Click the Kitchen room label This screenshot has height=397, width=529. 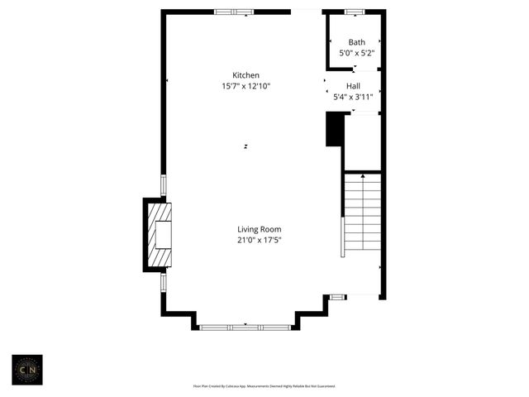point(245,75)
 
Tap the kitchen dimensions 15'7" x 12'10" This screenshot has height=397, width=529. point(245,86)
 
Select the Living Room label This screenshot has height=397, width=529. point(260,229)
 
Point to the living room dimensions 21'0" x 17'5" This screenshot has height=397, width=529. point(260,240)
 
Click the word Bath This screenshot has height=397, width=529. point(356,42)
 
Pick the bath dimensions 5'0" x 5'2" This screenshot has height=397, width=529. point(356,53)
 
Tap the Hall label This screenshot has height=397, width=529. point(353,86)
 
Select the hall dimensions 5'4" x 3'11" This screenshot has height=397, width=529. point(353,97)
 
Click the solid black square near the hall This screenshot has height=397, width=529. point(335,130)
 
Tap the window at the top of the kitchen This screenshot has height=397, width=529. point(235,12)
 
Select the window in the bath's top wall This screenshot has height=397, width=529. point(355,12)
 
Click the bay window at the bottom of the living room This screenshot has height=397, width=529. point(245,328)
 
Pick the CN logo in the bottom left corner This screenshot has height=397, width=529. point(26,369)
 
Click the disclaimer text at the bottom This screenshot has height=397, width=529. point(264,385)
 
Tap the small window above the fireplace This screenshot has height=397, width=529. point(163,185)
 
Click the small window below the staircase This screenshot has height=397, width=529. point(338,296)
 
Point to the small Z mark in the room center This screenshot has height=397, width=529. point(246,147)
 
